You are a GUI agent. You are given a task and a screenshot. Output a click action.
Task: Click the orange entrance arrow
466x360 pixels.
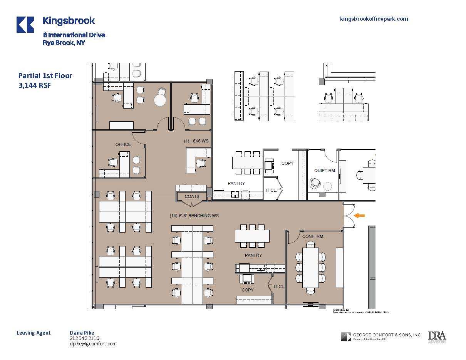point(359,216)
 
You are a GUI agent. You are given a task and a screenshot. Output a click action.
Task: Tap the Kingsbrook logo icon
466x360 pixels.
point(25,25)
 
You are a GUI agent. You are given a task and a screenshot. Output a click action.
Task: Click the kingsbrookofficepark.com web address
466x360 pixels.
point(374,19)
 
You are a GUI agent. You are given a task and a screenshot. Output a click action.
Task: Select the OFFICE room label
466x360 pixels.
point(123,144)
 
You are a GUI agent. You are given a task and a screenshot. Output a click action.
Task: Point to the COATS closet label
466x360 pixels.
point(192,196)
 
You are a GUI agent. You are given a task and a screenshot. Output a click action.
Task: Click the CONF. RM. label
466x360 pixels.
point(313,236)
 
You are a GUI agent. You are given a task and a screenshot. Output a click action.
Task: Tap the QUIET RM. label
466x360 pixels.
point(325,171)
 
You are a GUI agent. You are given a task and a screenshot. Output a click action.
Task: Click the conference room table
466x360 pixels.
point(310,268)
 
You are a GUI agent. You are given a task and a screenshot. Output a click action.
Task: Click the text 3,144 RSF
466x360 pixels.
point(35,85)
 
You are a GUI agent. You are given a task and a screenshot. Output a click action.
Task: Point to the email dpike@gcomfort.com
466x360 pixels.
point(93,344)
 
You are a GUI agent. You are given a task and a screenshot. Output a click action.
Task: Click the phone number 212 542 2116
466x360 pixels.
point(84,338)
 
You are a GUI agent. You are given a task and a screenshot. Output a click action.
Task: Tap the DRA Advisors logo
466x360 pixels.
point(437,337)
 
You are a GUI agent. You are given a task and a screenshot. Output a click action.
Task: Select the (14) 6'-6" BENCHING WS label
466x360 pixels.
point(194,216)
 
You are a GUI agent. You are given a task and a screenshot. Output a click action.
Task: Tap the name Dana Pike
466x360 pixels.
point(82,333)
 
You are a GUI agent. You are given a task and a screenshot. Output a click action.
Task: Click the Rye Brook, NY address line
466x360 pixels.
point(64,43)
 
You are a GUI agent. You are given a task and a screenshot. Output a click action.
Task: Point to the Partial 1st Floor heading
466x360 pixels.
point(45,76)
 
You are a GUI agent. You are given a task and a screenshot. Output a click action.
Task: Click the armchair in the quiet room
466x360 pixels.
point(315,184)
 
